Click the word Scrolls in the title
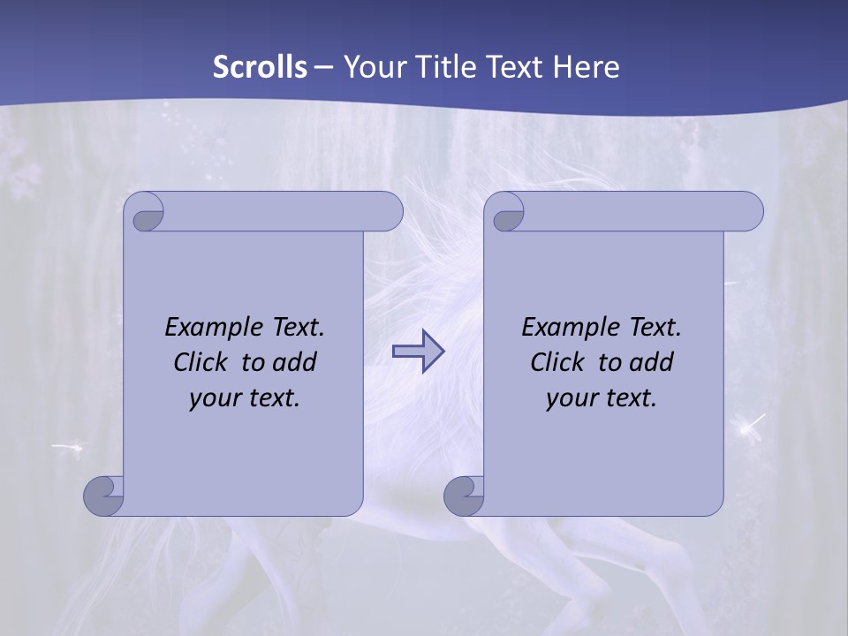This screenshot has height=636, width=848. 260,67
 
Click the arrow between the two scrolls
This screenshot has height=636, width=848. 418,351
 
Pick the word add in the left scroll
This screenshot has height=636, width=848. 296,363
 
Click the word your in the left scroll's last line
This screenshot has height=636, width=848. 214,399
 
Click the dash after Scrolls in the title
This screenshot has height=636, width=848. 324,67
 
